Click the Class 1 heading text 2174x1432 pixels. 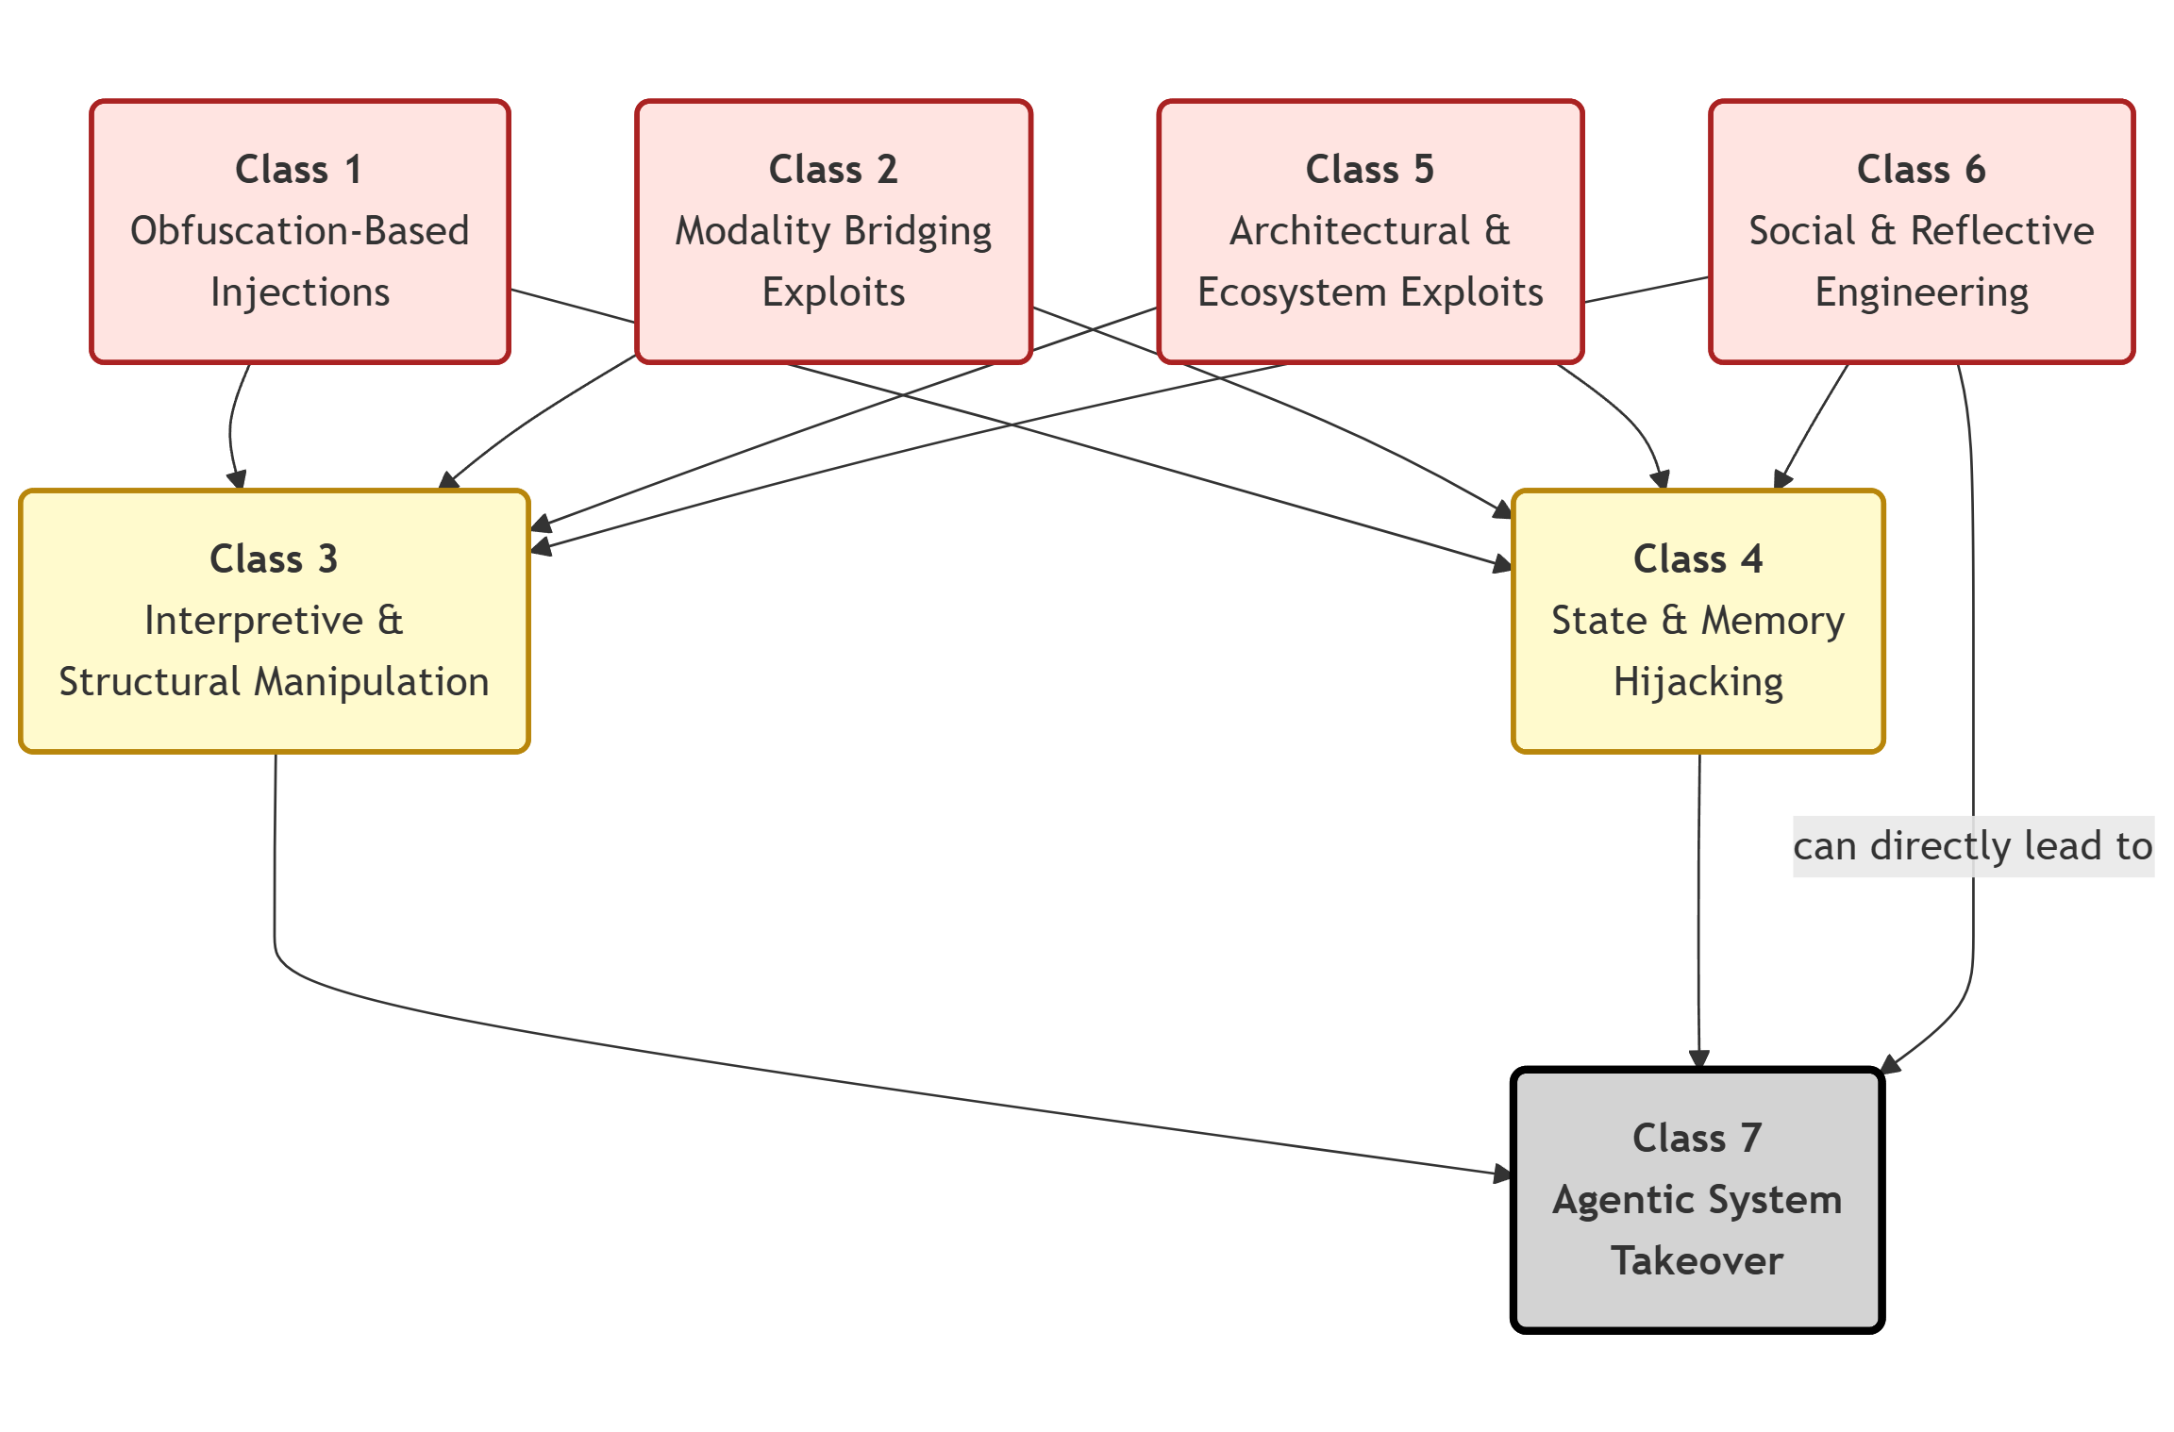[x=298, y=170]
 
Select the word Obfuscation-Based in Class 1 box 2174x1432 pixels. [x=299, y=231]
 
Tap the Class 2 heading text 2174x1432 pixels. [x=832, y=170]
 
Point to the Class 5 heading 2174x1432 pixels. [x=1369, y=170]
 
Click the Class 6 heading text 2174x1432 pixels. [x=1920, y=170]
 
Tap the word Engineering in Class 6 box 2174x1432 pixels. [x=1921, y=292]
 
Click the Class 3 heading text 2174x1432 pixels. [x=274, y=559]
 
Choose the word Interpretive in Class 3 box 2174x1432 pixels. [x=254, y=621]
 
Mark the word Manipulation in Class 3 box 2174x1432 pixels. [x=373, y=682]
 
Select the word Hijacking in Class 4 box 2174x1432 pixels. [x=1697, y=682]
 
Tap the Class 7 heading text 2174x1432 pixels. [x=1697, y=1139]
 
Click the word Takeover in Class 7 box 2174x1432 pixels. [x=1697, y=1261]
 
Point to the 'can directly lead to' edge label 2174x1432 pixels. [x=1972, y=846]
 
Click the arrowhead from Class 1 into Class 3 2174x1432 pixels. [x=238, y=479]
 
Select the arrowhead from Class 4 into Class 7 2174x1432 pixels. [x=1699, y=1059]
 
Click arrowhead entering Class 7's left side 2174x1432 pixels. [x=1503, y=1174]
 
